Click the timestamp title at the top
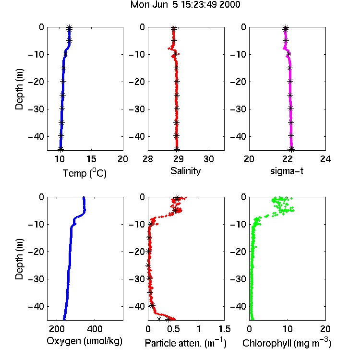click(185, 4)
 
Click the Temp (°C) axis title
click(84, 173)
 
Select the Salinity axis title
click(185, 171)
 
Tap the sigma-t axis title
click(287, 171)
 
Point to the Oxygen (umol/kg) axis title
click(84, 341)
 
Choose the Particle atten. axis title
click(186, 343)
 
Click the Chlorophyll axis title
click(287, 343)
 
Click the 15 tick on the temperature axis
click(91, 159)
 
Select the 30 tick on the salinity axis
click(209, 159)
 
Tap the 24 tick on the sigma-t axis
click(325, 159)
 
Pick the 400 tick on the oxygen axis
click(95, 329)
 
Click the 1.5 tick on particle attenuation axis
click(224, 329)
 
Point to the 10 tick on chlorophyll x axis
click(287, 329)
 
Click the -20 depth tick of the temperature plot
click(36, 82)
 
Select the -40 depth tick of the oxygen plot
click(36, 306)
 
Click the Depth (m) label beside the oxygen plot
click(19, 259)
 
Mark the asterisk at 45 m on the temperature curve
click(60, 149)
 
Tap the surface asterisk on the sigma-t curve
click(286, 28)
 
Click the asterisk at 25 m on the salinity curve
click(177, 95)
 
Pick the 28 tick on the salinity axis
click(148, 159)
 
